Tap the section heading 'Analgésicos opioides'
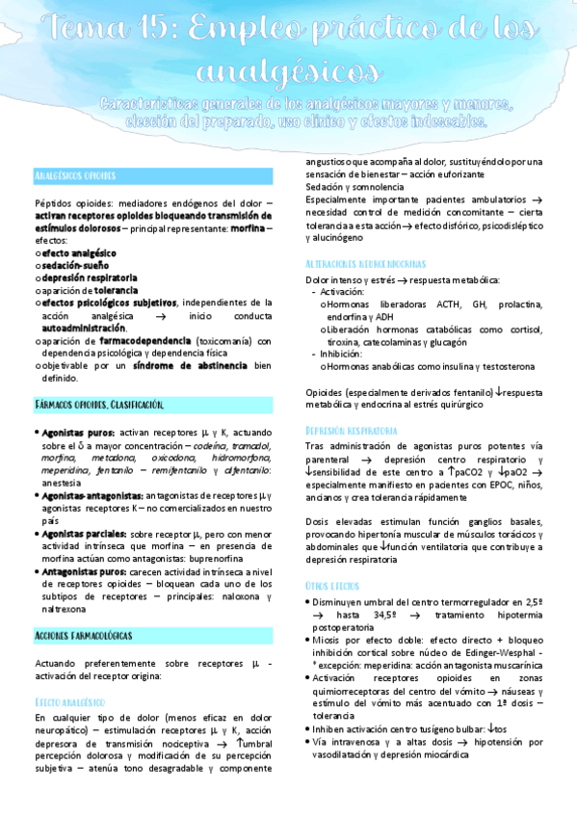click(74, 176)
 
